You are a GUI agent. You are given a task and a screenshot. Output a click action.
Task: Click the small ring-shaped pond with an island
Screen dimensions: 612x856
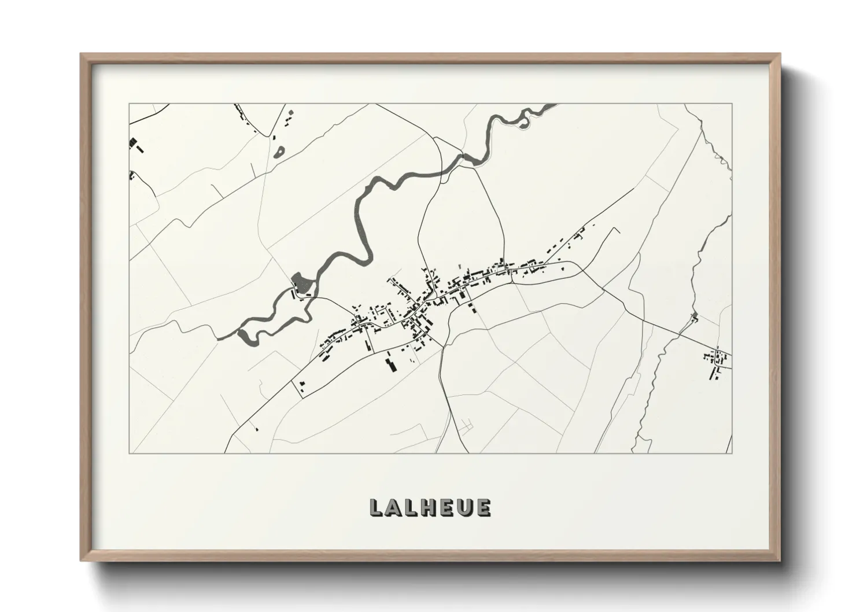point(280,152)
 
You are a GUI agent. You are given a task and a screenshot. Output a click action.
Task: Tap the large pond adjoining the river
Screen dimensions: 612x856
point(301,283)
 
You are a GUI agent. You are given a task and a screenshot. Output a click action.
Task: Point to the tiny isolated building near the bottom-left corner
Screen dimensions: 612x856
point(256,429)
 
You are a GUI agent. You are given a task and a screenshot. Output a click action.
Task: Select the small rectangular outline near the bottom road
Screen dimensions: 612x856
point(467,427)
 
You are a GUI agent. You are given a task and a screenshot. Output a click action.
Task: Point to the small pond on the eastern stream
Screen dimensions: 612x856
point(695,317)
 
